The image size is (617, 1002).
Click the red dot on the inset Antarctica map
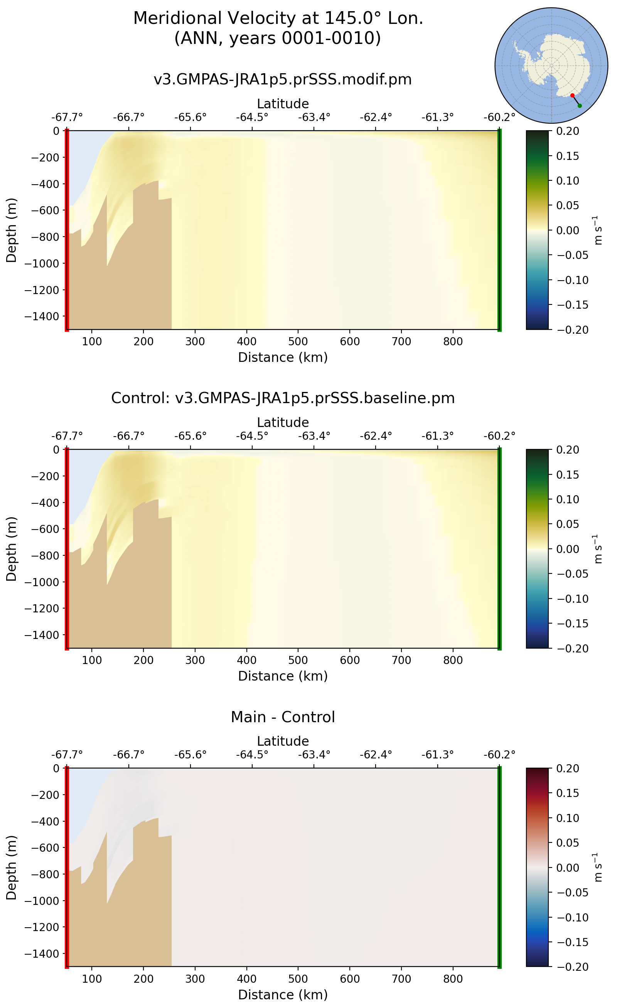572,96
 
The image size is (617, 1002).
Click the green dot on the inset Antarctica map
580,106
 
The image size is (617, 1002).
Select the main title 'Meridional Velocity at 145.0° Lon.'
278,18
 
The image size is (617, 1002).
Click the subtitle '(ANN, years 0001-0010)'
278,38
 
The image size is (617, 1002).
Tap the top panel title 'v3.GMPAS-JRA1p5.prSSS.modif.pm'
282,79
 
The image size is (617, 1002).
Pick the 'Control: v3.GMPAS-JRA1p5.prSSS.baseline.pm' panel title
282,398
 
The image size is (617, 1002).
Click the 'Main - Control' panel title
282,717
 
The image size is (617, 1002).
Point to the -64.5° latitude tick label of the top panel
252,118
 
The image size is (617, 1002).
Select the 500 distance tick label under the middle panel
298,660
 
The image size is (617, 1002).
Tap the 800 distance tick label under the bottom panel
453,979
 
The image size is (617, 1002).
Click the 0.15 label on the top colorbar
567,156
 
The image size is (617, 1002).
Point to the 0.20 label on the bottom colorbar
567,769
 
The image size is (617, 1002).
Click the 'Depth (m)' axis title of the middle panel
12,548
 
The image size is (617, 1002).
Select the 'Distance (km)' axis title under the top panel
282,357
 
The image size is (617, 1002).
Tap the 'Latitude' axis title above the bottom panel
282,741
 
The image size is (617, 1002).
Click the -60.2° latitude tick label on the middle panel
499,436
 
